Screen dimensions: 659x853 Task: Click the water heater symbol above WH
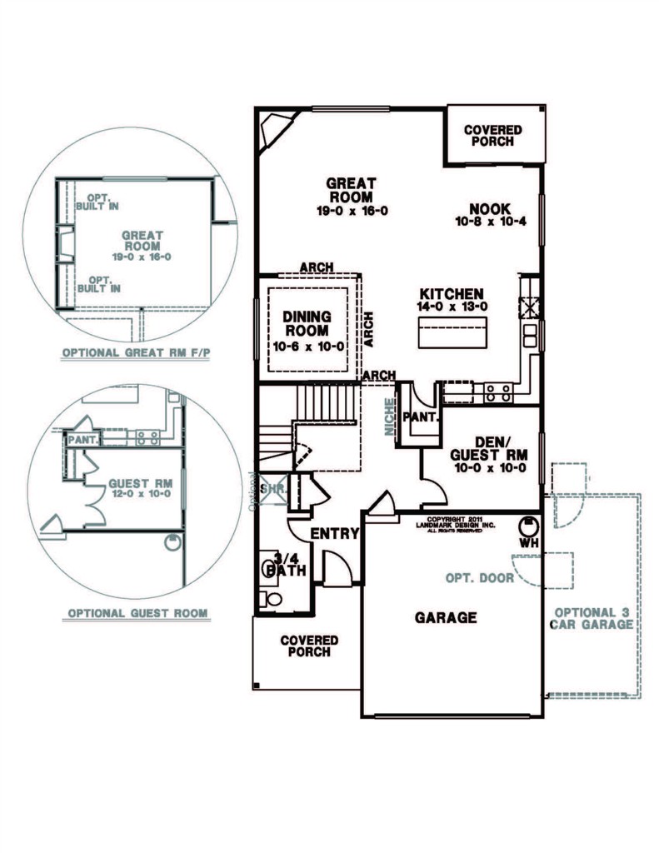point(528,526)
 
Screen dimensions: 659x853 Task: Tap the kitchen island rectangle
point(452,332)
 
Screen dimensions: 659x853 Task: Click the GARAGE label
point(446,617)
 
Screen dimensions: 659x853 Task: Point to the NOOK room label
point(490,208)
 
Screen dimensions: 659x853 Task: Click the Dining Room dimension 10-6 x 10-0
point(308,347)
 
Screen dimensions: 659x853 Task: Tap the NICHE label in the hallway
point(390,417)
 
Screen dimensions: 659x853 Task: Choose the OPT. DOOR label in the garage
point(479,578)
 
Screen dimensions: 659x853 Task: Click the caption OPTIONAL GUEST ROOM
point(137,614)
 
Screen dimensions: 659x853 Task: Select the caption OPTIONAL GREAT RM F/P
point(136,352)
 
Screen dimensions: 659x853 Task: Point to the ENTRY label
point(335,534)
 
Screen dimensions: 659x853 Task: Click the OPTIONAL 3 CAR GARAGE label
point(592,619)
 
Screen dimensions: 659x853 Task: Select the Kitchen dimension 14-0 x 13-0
point(452,307)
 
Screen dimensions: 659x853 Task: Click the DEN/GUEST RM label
point(489,448)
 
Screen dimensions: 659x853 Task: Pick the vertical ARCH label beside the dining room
point(368,329)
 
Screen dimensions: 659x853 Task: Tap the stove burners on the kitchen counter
point(498,393)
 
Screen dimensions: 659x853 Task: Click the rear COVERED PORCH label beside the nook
point(493,136)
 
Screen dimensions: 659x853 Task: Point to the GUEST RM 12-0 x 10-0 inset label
point(140,488)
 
